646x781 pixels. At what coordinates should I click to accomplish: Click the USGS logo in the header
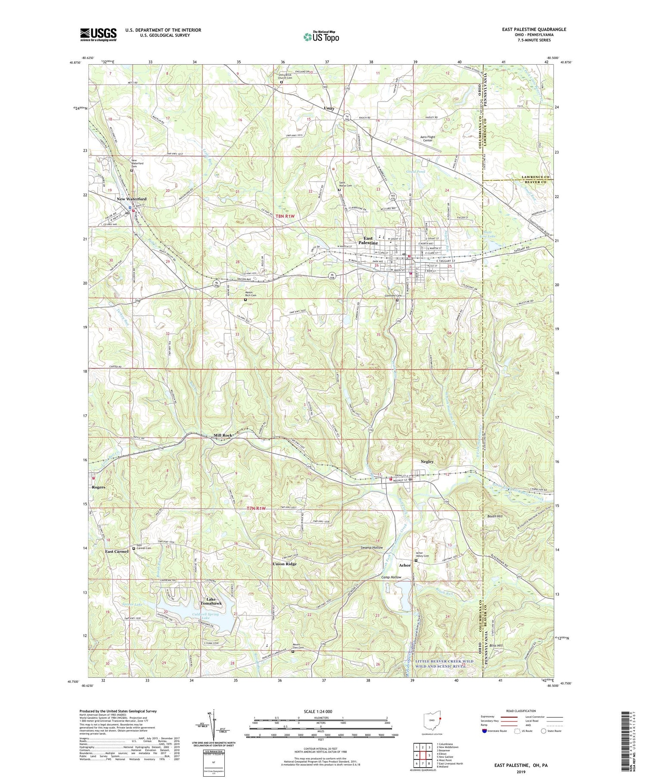(98, 34)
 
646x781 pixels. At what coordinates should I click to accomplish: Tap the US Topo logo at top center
(321, 37)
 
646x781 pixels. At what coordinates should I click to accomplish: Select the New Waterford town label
(131, 199)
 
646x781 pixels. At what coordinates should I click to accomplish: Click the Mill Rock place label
(223, 436)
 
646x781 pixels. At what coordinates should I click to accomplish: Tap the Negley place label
(427, 461)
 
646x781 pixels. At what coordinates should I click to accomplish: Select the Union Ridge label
(285, 564)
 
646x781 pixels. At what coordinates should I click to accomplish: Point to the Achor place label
(404, 565)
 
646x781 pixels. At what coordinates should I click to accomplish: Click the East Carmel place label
(117, 551)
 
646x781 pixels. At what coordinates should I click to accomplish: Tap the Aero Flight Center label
(428, 139)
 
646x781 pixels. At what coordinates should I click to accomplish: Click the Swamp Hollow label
(372, 548)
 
